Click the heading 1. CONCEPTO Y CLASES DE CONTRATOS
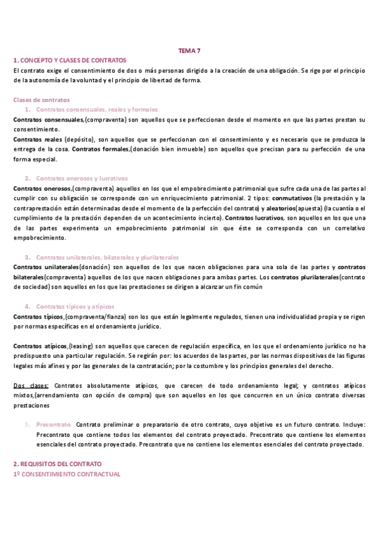[70, 60]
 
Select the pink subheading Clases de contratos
[42, 100]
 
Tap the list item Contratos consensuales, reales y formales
[97, 110]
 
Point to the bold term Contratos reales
[37, 139]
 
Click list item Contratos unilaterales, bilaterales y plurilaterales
[108, 257]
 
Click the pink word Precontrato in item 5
[53, 425]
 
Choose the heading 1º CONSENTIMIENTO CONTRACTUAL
[66, 474]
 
